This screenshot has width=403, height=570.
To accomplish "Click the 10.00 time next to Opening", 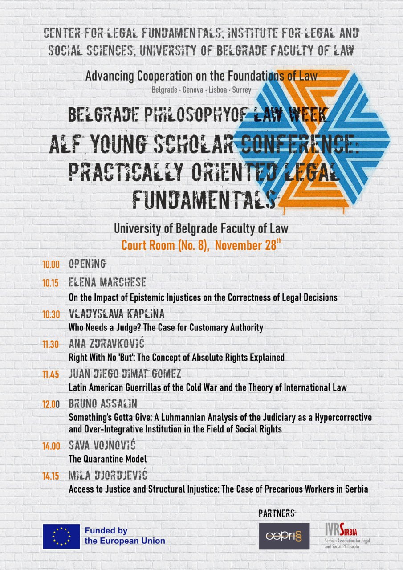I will (x=51, y=264).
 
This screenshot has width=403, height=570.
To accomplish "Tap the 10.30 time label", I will (x=51, y=314).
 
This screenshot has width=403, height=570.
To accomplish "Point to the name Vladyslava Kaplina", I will (x=117, y=313).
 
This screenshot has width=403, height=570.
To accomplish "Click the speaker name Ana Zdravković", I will (x=106, y=344).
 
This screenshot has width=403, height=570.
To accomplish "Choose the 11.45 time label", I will (x=51, y=374).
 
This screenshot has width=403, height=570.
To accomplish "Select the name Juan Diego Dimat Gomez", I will (x=125, y=373).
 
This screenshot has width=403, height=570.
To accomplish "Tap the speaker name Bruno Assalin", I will (x=103, y=404).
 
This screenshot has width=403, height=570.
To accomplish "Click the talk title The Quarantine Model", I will (x=107, y=459).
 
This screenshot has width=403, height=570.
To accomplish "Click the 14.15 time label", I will (x=51, y=476).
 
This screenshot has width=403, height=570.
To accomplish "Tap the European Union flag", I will (x=61, y=536).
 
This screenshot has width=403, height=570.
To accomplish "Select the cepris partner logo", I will (x=284, y=536).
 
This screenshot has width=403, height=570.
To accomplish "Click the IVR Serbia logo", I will (x=341, y=536).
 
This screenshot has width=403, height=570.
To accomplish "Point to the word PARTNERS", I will (x=277, y=513).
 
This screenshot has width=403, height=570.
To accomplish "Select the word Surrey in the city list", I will (x=242, y=90).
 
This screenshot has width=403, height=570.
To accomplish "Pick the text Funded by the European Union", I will (x=125, y=536).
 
